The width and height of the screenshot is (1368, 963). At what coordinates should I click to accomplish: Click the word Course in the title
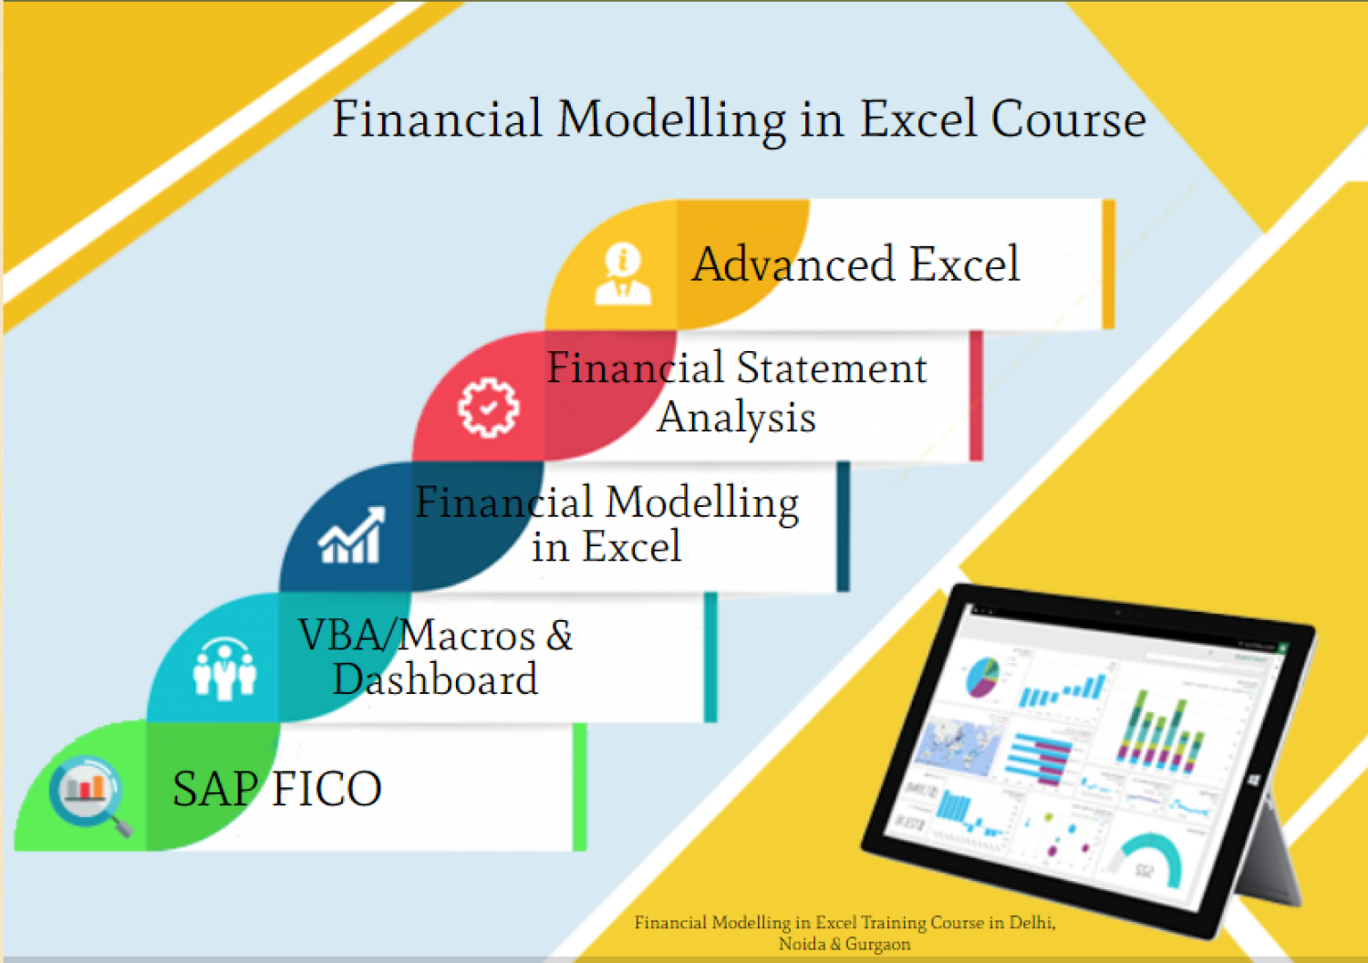[x=1068, y=119]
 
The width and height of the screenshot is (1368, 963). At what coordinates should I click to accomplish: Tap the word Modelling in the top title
[x=671, y=119]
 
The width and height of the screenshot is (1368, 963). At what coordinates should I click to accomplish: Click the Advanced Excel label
[x=855, y=264]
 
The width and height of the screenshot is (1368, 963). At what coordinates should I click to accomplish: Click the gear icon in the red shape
[x=488, y=407]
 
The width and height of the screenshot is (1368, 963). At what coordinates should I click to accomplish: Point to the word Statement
[x=831, y=368]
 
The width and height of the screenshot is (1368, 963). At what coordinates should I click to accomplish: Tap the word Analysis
[x=736, y=418]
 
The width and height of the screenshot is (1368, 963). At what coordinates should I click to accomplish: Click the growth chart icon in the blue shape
[x=351, y=536]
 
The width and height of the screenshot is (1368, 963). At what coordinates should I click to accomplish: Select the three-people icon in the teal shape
[x=224, y=668]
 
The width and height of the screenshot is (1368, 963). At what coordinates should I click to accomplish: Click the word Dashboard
[x=435, y=679]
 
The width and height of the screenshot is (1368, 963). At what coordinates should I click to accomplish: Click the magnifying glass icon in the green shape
[x=89, y=793]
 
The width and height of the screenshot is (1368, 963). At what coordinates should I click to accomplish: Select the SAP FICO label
[x=276, y=789]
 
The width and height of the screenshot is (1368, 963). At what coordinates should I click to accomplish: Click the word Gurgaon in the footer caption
[x=877, y=945]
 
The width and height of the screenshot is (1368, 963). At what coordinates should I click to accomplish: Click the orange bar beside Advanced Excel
[x=1108, y=264]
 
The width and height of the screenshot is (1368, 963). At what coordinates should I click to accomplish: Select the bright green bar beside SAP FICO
[x=579, y=787]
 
